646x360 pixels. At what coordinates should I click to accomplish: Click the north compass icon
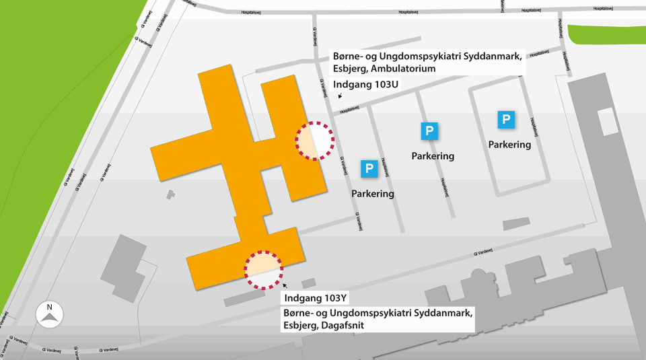click(49, 314)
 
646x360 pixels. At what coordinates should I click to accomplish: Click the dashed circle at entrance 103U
click(315, 141)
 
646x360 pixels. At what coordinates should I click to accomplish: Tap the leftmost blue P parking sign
click(369, 169)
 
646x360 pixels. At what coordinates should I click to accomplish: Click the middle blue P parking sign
click(429, 131)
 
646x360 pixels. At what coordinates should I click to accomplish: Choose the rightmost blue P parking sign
click(506, 120)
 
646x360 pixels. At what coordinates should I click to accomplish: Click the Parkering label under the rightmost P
click(509, 144)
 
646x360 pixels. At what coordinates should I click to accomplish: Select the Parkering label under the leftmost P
click(373, 194)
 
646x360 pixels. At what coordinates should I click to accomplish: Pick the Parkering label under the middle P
click(433, 156)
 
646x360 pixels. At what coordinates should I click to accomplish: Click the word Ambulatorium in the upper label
click(402, 69)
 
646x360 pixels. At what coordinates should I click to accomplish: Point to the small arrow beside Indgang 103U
click(340, 96)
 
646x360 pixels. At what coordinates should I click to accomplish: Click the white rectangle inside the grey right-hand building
click(606, 120)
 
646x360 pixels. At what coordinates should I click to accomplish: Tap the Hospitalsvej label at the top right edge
click(606, 9)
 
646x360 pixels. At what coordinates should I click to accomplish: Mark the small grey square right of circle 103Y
click(309, 283)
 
